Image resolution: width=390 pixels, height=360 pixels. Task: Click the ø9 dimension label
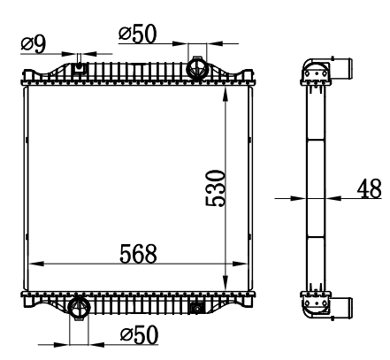pyautogui.click(x=34, y=45)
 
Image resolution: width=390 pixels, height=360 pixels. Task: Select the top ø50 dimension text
pyautogui.click(x=137, y=34)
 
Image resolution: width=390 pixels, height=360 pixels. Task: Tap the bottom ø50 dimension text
pyautogui.click(x=139, y=335)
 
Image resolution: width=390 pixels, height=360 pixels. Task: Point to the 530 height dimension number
pyautogui.click(x=216, y=188)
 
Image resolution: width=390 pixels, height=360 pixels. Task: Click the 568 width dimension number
pyautogui.click(x=138, y=254)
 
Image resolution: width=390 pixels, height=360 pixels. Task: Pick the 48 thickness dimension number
pyautogui.click(x=370, y=188)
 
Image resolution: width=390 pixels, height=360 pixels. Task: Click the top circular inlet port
pyautogui.click(x=197, y=68)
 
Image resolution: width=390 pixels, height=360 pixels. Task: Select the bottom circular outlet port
pyautogui.click(x=79, y=308)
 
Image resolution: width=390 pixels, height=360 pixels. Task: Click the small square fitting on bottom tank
pyautogui.click(x=196, y=308)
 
